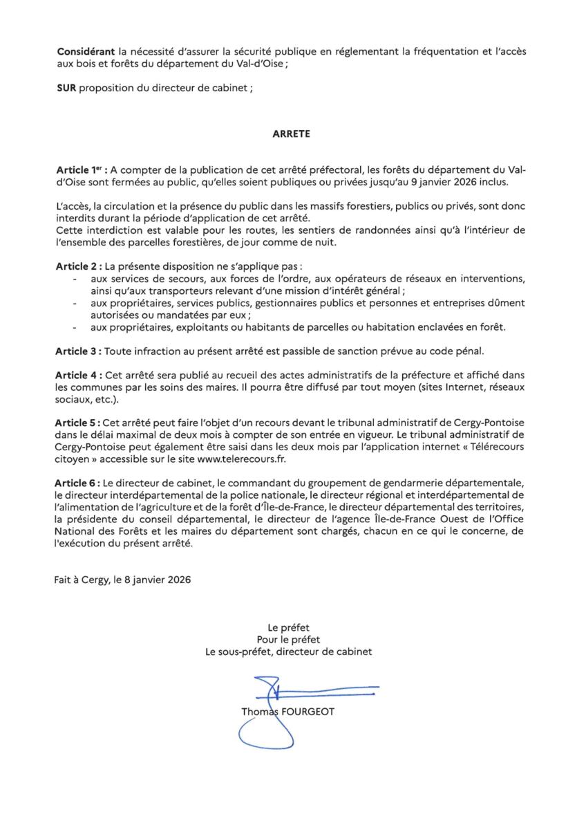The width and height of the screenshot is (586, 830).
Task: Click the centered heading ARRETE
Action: coord(291,134)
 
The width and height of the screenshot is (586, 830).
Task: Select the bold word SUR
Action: coord(66,91)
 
